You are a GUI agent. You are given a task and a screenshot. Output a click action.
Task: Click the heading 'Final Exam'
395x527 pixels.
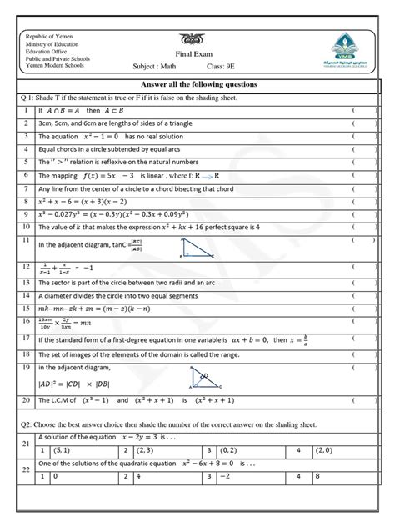click(x=197, y=51)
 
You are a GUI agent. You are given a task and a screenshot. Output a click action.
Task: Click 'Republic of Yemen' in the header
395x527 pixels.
click(x=52, y=38)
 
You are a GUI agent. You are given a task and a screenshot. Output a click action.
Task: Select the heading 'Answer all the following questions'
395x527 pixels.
click(x=198, y=85)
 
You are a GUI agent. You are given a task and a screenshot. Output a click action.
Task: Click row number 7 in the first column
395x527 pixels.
click(x=27, y=175)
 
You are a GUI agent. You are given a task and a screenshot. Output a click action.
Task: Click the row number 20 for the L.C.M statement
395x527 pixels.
click(x=27, y=400)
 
